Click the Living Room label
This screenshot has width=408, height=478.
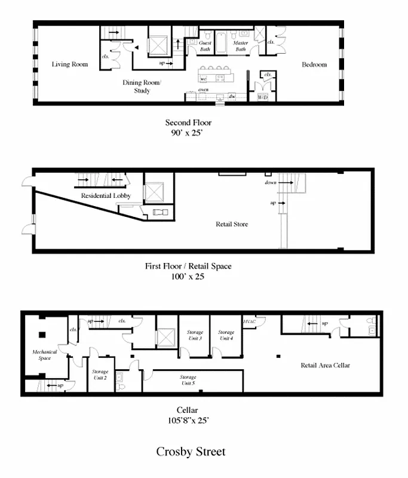[69, 65]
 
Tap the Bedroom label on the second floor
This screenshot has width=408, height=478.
[314, 65]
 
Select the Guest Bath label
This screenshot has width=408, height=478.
[205, 46]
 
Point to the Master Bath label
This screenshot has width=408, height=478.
[240, 46]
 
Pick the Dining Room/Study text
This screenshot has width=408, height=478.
[142, 87]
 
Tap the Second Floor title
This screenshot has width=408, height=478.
[188, 123]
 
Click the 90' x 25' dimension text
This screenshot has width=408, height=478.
[188, 133]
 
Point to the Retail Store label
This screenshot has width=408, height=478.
[232, 225]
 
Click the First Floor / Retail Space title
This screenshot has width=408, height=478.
[188, 266]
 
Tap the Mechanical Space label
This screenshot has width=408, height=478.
[45, 355]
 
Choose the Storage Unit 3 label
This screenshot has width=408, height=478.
[197, 335]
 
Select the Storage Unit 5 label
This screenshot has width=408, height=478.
[188, 380]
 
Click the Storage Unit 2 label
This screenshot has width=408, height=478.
[100, 375]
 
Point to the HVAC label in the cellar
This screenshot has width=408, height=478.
[249, 321]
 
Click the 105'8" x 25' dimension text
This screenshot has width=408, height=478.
[188, 420]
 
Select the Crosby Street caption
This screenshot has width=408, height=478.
[191, 452]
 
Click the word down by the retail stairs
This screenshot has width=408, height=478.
[270, 182]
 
